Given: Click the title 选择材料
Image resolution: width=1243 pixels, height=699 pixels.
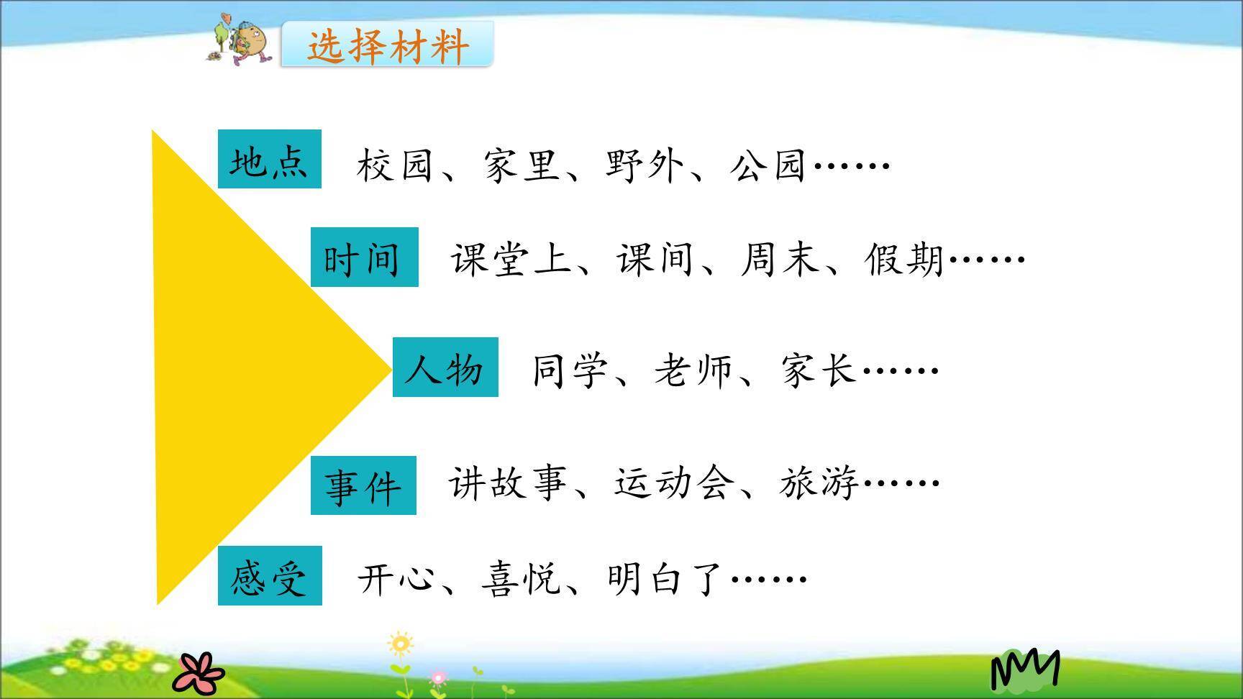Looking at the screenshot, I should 388,46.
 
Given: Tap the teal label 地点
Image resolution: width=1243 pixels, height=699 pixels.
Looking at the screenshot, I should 269,160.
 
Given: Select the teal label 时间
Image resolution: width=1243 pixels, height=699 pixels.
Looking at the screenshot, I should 364,257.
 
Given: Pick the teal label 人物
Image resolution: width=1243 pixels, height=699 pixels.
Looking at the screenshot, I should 445,367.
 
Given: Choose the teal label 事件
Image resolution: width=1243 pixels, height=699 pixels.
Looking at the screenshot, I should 363,486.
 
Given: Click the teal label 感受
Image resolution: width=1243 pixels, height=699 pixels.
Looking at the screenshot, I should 270,576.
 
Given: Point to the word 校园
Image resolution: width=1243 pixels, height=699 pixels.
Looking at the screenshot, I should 394,165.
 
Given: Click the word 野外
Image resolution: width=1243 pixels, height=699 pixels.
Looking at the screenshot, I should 644,165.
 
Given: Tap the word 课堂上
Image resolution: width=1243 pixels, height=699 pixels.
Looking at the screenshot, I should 511,259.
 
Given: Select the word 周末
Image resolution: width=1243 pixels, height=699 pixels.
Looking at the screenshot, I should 780,259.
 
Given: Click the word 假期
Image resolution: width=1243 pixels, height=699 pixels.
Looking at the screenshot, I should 904,259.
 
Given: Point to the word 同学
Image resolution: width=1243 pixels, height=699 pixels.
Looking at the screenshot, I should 570,371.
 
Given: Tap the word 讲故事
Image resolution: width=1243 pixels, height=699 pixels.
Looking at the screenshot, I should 508,483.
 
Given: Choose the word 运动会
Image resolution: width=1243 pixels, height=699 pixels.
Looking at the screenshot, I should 674,483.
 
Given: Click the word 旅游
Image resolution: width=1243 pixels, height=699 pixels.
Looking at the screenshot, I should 819,483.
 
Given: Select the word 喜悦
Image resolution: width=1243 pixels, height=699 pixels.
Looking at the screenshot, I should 520,578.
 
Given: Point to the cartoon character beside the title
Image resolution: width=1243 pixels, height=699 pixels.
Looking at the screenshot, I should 242,40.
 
